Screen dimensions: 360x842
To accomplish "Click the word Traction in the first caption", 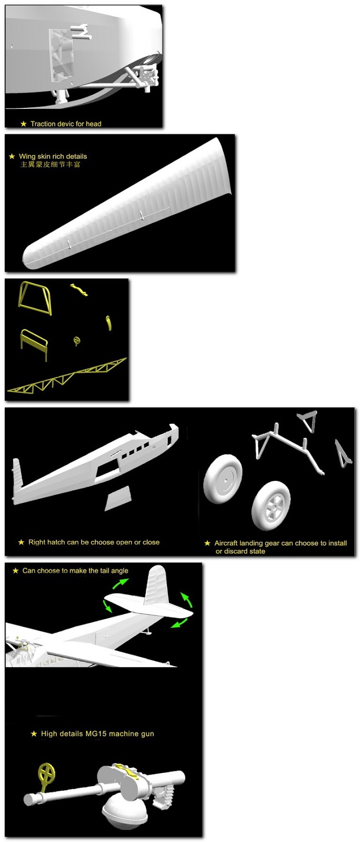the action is pyautogui.click(x=43, y=124).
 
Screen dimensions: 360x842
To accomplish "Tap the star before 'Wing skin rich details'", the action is pyautogui.click(x=12, y=156).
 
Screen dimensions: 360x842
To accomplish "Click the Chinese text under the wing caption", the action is pyautogui.click(x=50, y=164).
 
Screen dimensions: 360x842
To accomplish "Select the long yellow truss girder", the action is pyautogui.click(x=67, y=376).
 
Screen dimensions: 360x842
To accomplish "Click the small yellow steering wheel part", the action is pyautogui.click(x=77, y=341).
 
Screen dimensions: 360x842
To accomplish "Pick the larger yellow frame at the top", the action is pyautogui.click(x=35, y=298).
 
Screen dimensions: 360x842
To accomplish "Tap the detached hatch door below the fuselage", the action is pyautogui.click(x=117, y=498).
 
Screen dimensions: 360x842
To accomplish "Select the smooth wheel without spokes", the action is pyautogui.click(x=223, y=478).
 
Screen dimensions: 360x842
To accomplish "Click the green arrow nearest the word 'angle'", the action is pyautogui.click(x=120, y=584).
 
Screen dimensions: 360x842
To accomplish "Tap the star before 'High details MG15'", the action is pyautogui.click(x=34, y=734).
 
